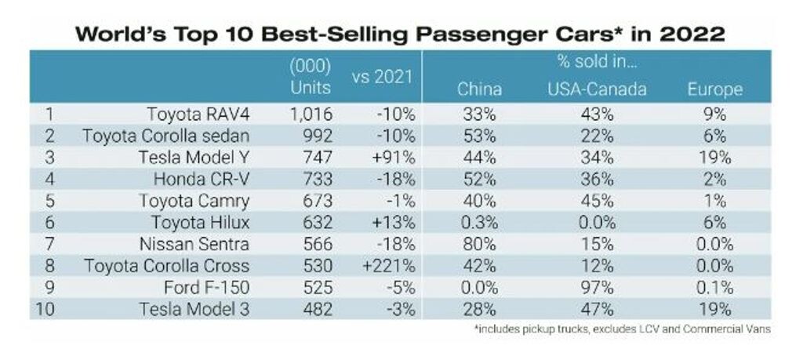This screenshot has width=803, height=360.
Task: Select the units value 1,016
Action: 311,115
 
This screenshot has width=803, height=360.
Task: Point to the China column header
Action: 479,89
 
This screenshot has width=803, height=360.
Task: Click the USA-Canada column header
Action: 596,89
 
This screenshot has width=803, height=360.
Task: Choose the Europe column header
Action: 714,89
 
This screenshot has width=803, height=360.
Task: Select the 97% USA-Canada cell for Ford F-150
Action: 596,287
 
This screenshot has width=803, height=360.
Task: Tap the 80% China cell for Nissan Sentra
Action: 479,244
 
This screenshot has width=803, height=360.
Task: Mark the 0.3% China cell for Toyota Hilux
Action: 479,223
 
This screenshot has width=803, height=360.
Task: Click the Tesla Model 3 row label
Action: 195,309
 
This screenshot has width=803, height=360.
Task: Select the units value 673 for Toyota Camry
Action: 317,201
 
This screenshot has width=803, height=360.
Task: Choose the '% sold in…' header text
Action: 596,62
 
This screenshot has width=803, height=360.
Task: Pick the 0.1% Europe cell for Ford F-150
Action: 714,287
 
